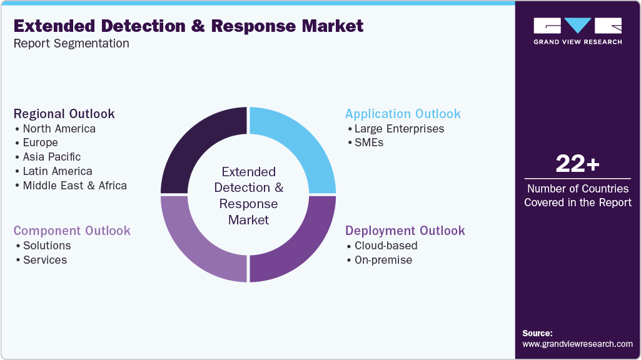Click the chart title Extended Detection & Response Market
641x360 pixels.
pos(188,26)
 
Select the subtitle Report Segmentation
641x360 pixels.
pos(71,44)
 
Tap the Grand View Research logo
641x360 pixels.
pos(577,31)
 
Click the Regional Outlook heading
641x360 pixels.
pos(64,114)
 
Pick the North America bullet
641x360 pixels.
pos(59,129)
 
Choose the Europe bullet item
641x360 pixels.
pos(40,142)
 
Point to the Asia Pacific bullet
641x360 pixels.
pos(51,157)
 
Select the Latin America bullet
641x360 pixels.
pos(57,171)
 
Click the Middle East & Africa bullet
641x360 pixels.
pos(74,186)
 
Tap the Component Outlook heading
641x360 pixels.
pos(72,231)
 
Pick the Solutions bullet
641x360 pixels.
pos(47,246)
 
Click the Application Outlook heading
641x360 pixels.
pos(403,114)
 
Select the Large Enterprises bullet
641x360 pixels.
pos(399,129)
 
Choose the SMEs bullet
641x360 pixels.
pos(368,142)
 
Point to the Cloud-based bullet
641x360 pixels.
pos(386,246)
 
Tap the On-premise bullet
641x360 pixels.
pos(383,260)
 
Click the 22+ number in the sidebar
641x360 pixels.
pos(577,164)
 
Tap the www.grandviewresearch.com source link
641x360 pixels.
pos(577,344)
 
